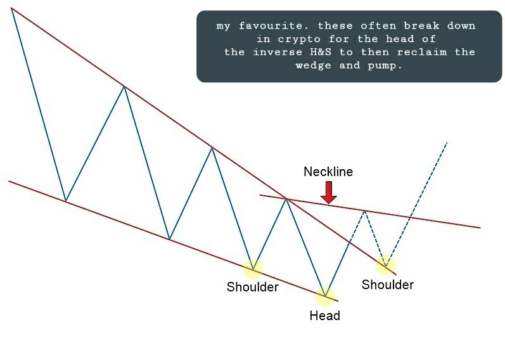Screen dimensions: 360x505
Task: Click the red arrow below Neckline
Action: point(328,192)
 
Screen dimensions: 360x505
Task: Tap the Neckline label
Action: point(328,172)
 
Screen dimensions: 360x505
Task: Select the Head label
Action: point(324,316)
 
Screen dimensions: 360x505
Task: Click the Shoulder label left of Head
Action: point(252,287)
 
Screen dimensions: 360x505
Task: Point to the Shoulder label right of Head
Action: point(387,285)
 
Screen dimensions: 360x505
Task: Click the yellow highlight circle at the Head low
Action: point(325,295)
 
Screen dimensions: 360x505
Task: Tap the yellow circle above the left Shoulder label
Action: point(253,269)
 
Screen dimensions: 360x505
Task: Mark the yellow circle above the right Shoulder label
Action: point(385,265)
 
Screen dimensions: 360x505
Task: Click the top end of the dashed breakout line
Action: point(447,142)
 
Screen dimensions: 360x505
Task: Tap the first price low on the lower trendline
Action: point(65,201)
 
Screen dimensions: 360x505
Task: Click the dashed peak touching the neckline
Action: point(364,209)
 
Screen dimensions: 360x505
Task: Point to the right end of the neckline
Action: point(480,227)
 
